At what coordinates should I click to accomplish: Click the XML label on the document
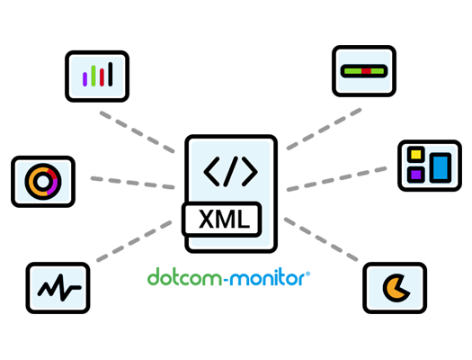click(x=224, y=219)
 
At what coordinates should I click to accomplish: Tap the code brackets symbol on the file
click(x=230, y=171)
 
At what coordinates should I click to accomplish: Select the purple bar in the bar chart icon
click(x=85, y=79)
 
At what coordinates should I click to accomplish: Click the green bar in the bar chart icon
click(x=94, y=76)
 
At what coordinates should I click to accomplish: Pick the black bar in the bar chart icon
click(x=111, y=74)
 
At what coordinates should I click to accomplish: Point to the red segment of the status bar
click(x=366, y=71)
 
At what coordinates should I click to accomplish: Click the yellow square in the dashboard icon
click(x=415, y=154)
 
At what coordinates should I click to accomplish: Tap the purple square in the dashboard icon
click(x=415, y=175)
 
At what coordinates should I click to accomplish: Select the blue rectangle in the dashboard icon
click(x=441, y=167)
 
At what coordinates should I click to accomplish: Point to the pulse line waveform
click(x=59, y=287)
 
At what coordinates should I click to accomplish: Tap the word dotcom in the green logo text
click(x=185, y=277)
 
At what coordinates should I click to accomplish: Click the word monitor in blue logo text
click(x=267, y=277)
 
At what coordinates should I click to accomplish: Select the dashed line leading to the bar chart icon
click(x=137, y=132)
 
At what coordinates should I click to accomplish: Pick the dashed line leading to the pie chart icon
click(x=321, y=239)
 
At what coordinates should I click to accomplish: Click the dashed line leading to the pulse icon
click(x=134, y=241)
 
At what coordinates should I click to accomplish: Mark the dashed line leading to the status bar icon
click(x=324, y=129)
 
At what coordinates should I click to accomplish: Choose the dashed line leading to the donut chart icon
click(x=132, y=184)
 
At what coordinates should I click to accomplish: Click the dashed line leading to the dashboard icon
click(x=336, y=179)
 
